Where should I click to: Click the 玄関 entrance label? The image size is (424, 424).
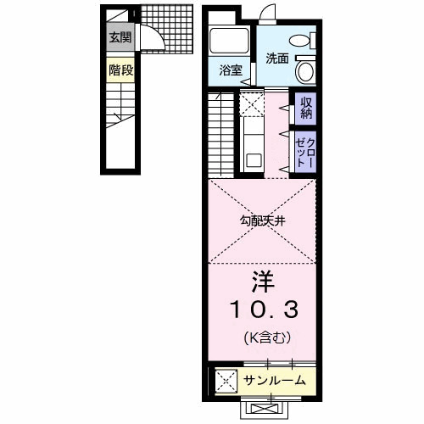[x=119, y=37]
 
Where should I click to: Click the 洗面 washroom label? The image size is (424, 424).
[x=276, y=59]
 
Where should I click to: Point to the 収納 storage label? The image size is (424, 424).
[x=306, y=107]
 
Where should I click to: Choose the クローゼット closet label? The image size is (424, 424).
[x=305, y=153]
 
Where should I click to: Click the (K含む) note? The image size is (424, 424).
[x=262, y=337]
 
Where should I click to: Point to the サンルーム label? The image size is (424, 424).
[x=275, y=380]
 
